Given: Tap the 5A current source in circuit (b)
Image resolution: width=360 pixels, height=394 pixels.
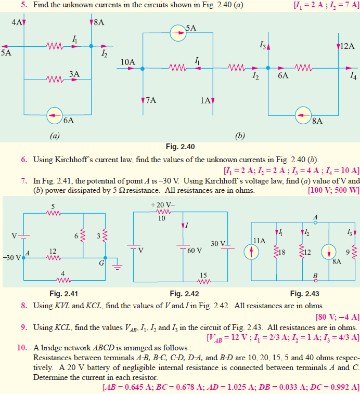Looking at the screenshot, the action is point(178,32).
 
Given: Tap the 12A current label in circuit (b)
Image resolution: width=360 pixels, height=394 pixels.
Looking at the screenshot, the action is point(346,46).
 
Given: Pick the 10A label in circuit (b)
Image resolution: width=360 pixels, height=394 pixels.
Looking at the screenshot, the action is point(127,62).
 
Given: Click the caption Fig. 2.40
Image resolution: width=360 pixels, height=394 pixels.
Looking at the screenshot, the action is point(179,147).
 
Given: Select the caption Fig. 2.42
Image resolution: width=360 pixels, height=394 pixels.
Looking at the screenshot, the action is point(182,294).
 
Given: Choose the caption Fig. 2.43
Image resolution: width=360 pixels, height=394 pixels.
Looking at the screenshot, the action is point(303,294).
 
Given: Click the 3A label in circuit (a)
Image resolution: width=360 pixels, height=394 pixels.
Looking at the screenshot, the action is point(74,75).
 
